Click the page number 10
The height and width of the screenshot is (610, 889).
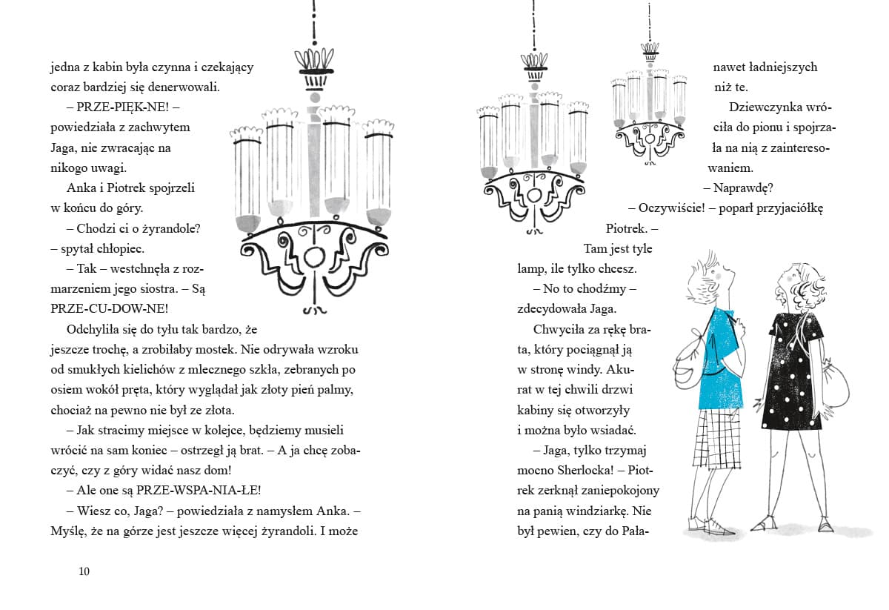click(83, 571)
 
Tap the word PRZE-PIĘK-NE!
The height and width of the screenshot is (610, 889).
click(117, 107)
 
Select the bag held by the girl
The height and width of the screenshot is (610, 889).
click(835, 385)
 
